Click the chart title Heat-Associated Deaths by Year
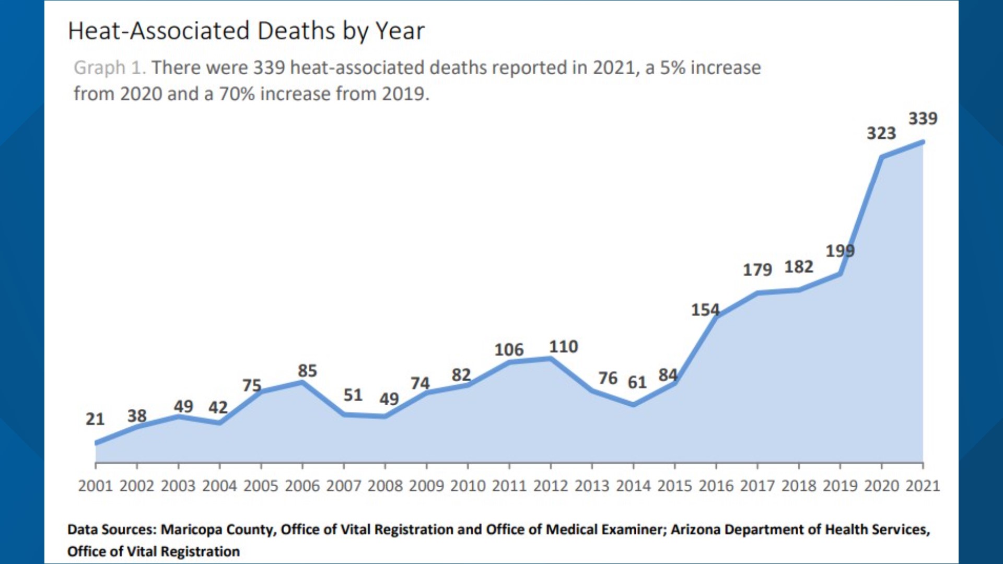click(246, 31)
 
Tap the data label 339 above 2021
click(923, 119)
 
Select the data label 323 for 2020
click(881, 134)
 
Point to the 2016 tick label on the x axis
click(716, 486)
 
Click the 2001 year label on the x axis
click(95, 486)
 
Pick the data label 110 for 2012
click(563, 347)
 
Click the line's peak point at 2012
click(551, 359)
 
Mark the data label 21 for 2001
click(95, 419)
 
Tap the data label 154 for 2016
click(705, 310)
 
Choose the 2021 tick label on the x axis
click(923, 486)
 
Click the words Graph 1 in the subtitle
click(109, 68)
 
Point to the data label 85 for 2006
click(307, 371)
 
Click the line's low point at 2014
click(633, 404)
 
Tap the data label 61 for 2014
click(637, 383)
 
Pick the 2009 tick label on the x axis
click(426, 486)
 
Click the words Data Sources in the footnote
click(111, 530)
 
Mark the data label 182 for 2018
click(799, 267)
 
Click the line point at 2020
click(882, 157)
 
